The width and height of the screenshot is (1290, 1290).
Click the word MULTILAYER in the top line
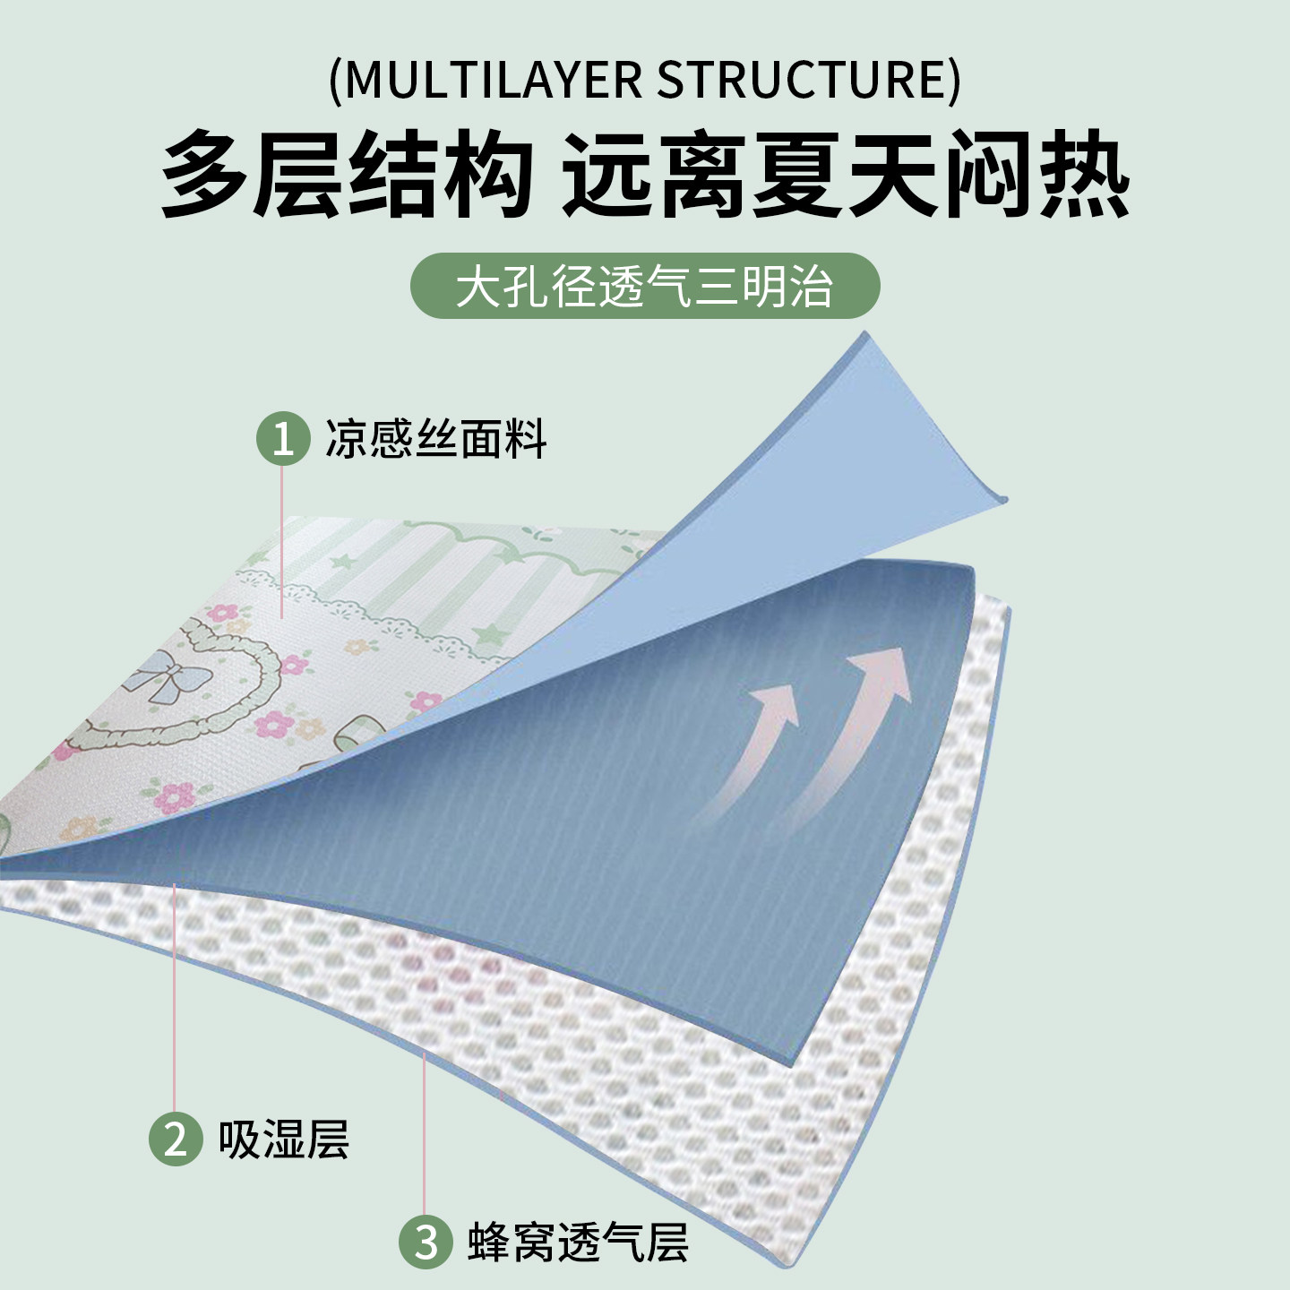493,80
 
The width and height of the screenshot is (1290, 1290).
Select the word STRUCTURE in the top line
802,80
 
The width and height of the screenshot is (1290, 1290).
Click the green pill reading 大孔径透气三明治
645,287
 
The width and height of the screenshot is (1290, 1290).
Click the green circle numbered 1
283,439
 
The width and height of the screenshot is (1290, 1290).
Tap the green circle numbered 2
176,1139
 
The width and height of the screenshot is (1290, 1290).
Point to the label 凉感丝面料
435,439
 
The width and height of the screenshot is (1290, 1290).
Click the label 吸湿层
283,1139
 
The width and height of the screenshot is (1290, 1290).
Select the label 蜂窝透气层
578,1242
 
